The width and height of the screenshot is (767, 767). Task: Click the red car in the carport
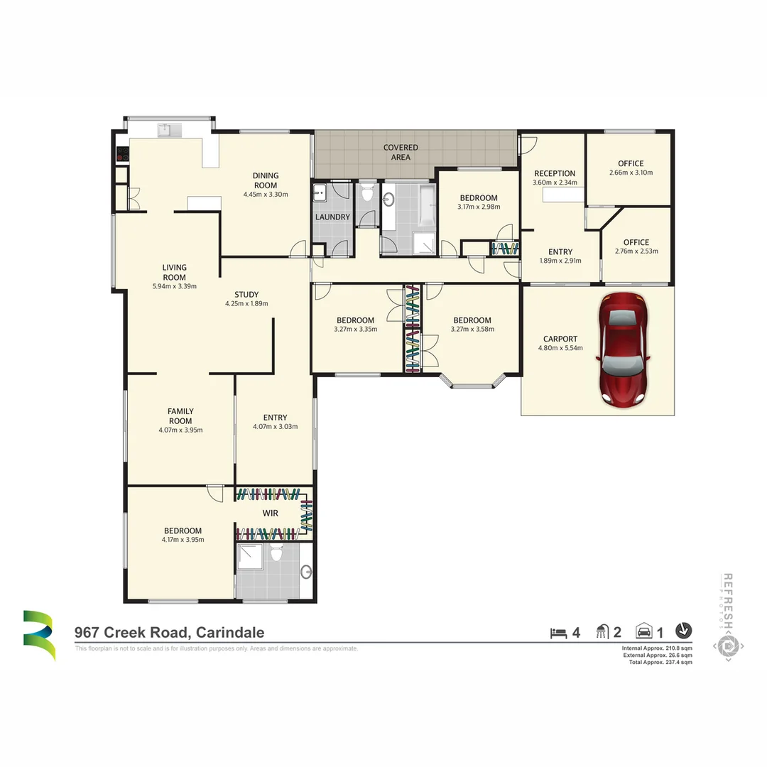pyautogui.click(x=624, y=349)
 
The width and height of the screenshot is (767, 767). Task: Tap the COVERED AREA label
pyautogui.click(x=401, y=152)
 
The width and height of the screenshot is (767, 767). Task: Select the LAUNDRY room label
pyautogui.click(x=332, y=217)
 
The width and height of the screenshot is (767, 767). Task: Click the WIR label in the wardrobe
pyautogui.click(x=270, y=513)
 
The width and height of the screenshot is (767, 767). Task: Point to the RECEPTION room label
pyautogui.click(x=555, y=173)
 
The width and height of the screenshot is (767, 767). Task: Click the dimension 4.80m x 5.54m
pyautogui.click(x=560, y=349)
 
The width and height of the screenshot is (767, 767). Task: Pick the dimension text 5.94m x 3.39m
pyautogui.click(x=174, y=287)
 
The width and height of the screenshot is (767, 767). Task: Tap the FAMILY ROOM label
pyautogui.click(x=180, y=415)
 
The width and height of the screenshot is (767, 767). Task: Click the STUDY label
pyautogui.click(x=246, y=294)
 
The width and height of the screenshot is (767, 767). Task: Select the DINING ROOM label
pyautogui.click(x=266, y=180)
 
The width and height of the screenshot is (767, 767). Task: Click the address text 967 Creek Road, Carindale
pyautogui.click(x=170, y=633)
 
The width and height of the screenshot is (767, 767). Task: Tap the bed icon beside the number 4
pyautogui.click(x=559, y=631)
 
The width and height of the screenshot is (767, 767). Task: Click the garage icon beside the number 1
pyautogui.click(x=643, y=631)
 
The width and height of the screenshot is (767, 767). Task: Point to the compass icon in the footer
pyautogui.click(x=683, y=630)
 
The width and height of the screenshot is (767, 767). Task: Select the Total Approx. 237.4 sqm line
pyautogui.click(x=656, y=662)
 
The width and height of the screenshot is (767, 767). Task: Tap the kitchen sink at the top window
pyautogui.click(x=165, y=129)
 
